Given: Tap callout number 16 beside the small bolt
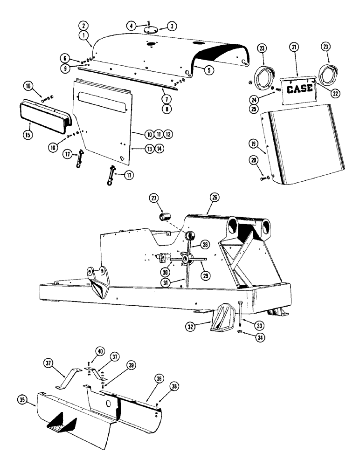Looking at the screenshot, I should tap(29, 87).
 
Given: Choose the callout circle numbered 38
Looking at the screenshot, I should tap(174, 386).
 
